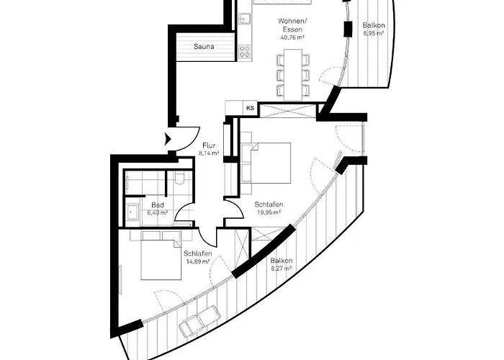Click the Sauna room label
(x=204, y=47)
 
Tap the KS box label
(x=250, y=108)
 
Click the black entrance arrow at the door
(x=168, y=139)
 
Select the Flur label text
(x=209, y=145)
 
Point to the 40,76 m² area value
(x=292, y=37)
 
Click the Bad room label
(x=158, y=205)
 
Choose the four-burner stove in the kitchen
(x=245, y=51)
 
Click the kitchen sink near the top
(x=245, y=19)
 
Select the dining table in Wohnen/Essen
(x=293, y=75)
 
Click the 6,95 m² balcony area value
(x=374, y=33)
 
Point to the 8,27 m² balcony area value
(x=282, y=269)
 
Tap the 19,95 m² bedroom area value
(x=269, y=212)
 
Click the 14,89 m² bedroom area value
(x=198, y=261)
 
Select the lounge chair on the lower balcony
(x=198, y=321)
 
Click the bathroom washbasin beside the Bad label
(x=132, y=212)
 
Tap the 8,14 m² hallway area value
(x=209, y=153)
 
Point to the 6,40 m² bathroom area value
(x=158, y=212)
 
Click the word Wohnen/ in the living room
(x=292, y=22)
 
